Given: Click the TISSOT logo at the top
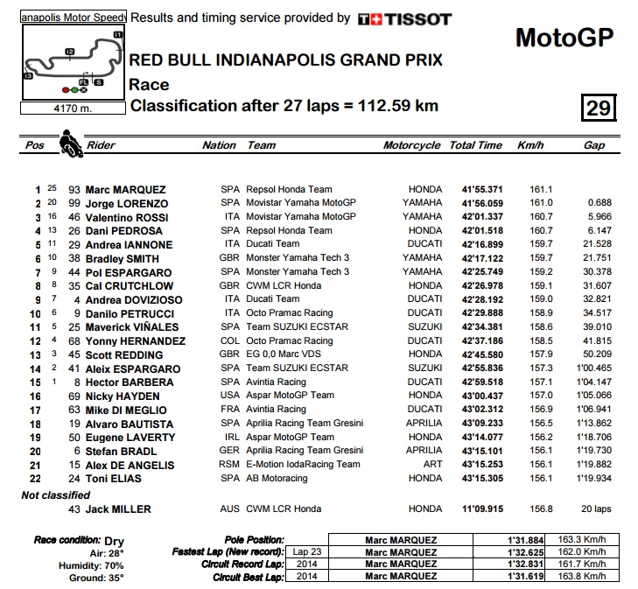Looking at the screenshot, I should [x=404, y=18].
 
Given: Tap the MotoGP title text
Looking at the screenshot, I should [x=564, y=38].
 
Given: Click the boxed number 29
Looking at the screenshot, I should [x=599, y=108].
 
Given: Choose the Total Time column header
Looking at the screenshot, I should [x=475, y=146].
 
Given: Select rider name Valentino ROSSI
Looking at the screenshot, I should [x=126, y=217].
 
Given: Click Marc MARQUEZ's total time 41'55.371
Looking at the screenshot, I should [x=481, y=190].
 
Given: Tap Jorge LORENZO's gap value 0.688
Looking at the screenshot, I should [x=599, y=203].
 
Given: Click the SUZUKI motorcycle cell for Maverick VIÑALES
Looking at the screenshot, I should [x=424, y=327].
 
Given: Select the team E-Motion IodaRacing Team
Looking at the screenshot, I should [x=303, y=465].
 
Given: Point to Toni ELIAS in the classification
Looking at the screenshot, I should [x=114, y=479].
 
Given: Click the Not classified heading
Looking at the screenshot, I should [x=56, y=495].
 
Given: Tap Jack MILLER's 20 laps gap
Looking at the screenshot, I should [x=596, y=509].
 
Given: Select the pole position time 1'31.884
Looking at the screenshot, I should [x=525, y=540].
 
